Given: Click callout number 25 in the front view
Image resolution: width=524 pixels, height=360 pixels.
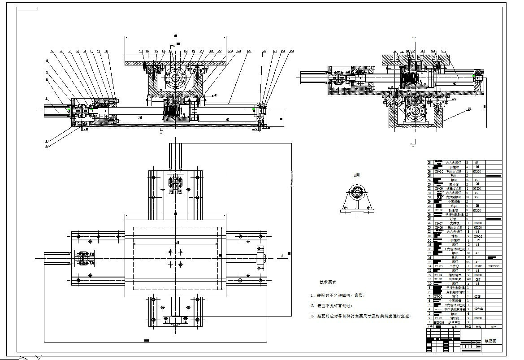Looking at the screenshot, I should pyautogui.click(x=249, y=51).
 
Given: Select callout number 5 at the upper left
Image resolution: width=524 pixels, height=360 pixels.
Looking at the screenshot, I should pyautogui.click(x=52, y=51).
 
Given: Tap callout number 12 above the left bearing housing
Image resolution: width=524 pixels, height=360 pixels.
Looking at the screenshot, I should pyautogui.click(x=106, y=51).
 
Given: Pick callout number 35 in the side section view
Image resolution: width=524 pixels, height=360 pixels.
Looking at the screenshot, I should pyautogui.click(x=443, y=51).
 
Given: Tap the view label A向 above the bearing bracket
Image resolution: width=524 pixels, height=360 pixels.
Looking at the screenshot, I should pyautogui.click(x=357, y=175).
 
